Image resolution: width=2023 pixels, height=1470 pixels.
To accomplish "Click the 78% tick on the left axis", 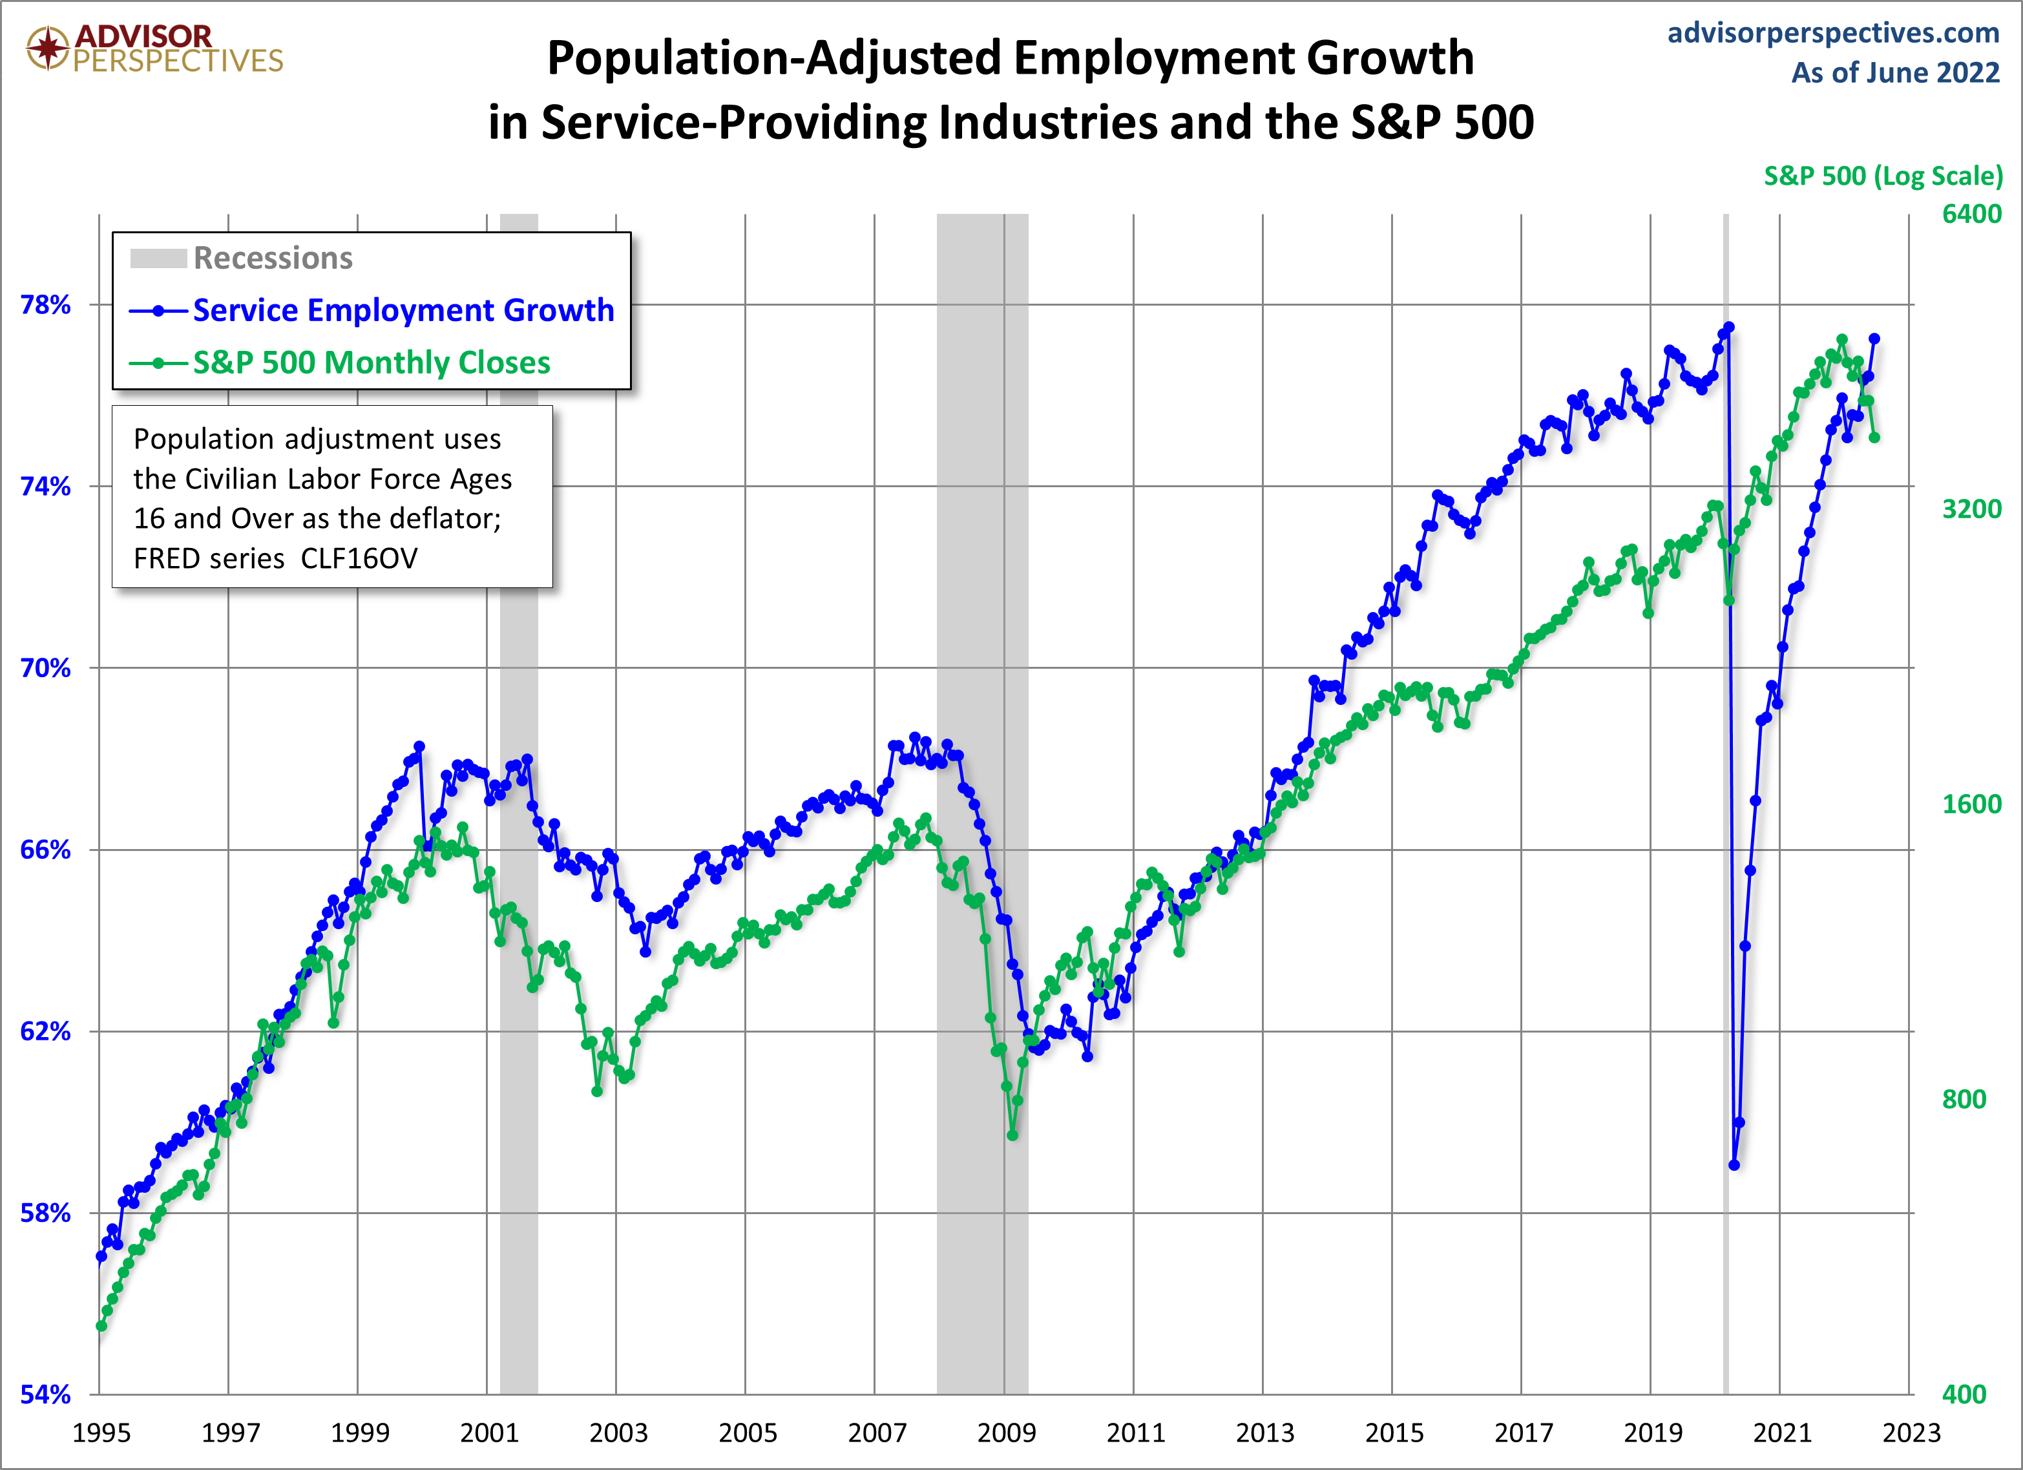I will (x=45, y=305).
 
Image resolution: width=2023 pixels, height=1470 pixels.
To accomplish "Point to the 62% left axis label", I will (x=45, y=1031).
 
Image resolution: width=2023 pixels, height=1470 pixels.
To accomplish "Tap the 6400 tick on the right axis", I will (x=1971, y=214).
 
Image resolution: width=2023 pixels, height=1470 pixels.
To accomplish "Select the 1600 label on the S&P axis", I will (x=1971, y=804).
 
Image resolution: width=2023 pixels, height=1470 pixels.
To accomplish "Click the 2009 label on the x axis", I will (x=1006, y=1433).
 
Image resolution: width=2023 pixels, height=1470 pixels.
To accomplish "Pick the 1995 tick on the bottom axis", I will (x=101, y=1433).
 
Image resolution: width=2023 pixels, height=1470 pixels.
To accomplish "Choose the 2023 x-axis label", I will (x=1911, y=1433).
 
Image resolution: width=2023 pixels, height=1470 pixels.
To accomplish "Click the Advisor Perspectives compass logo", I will (x=47, y=47).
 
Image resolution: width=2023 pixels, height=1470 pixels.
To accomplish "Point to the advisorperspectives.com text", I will (x=1833, y=32).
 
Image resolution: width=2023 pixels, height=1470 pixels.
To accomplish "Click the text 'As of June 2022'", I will (x=1896, y=72).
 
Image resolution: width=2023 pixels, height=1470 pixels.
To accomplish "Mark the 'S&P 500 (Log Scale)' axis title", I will (x=1883, y=176).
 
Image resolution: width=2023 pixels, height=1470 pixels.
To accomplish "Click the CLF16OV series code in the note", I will (x=359, y=558).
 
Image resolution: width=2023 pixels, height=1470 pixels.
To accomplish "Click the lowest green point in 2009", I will (x=1012, y=1135).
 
